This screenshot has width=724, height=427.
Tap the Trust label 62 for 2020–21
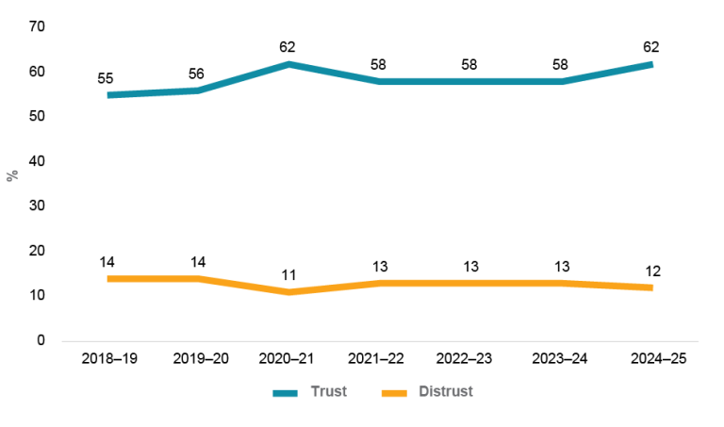(288, 46)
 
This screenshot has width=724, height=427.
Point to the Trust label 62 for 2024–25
(651, 46)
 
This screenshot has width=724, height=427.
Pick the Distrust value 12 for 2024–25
(651, 271)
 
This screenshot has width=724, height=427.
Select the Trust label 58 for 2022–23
(470, 64)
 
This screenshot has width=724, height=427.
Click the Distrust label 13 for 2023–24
(560, 266)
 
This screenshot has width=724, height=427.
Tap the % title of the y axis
(12, 176)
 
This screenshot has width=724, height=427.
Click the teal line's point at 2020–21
(288, 64)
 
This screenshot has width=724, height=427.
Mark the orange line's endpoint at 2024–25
(651, 287)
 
